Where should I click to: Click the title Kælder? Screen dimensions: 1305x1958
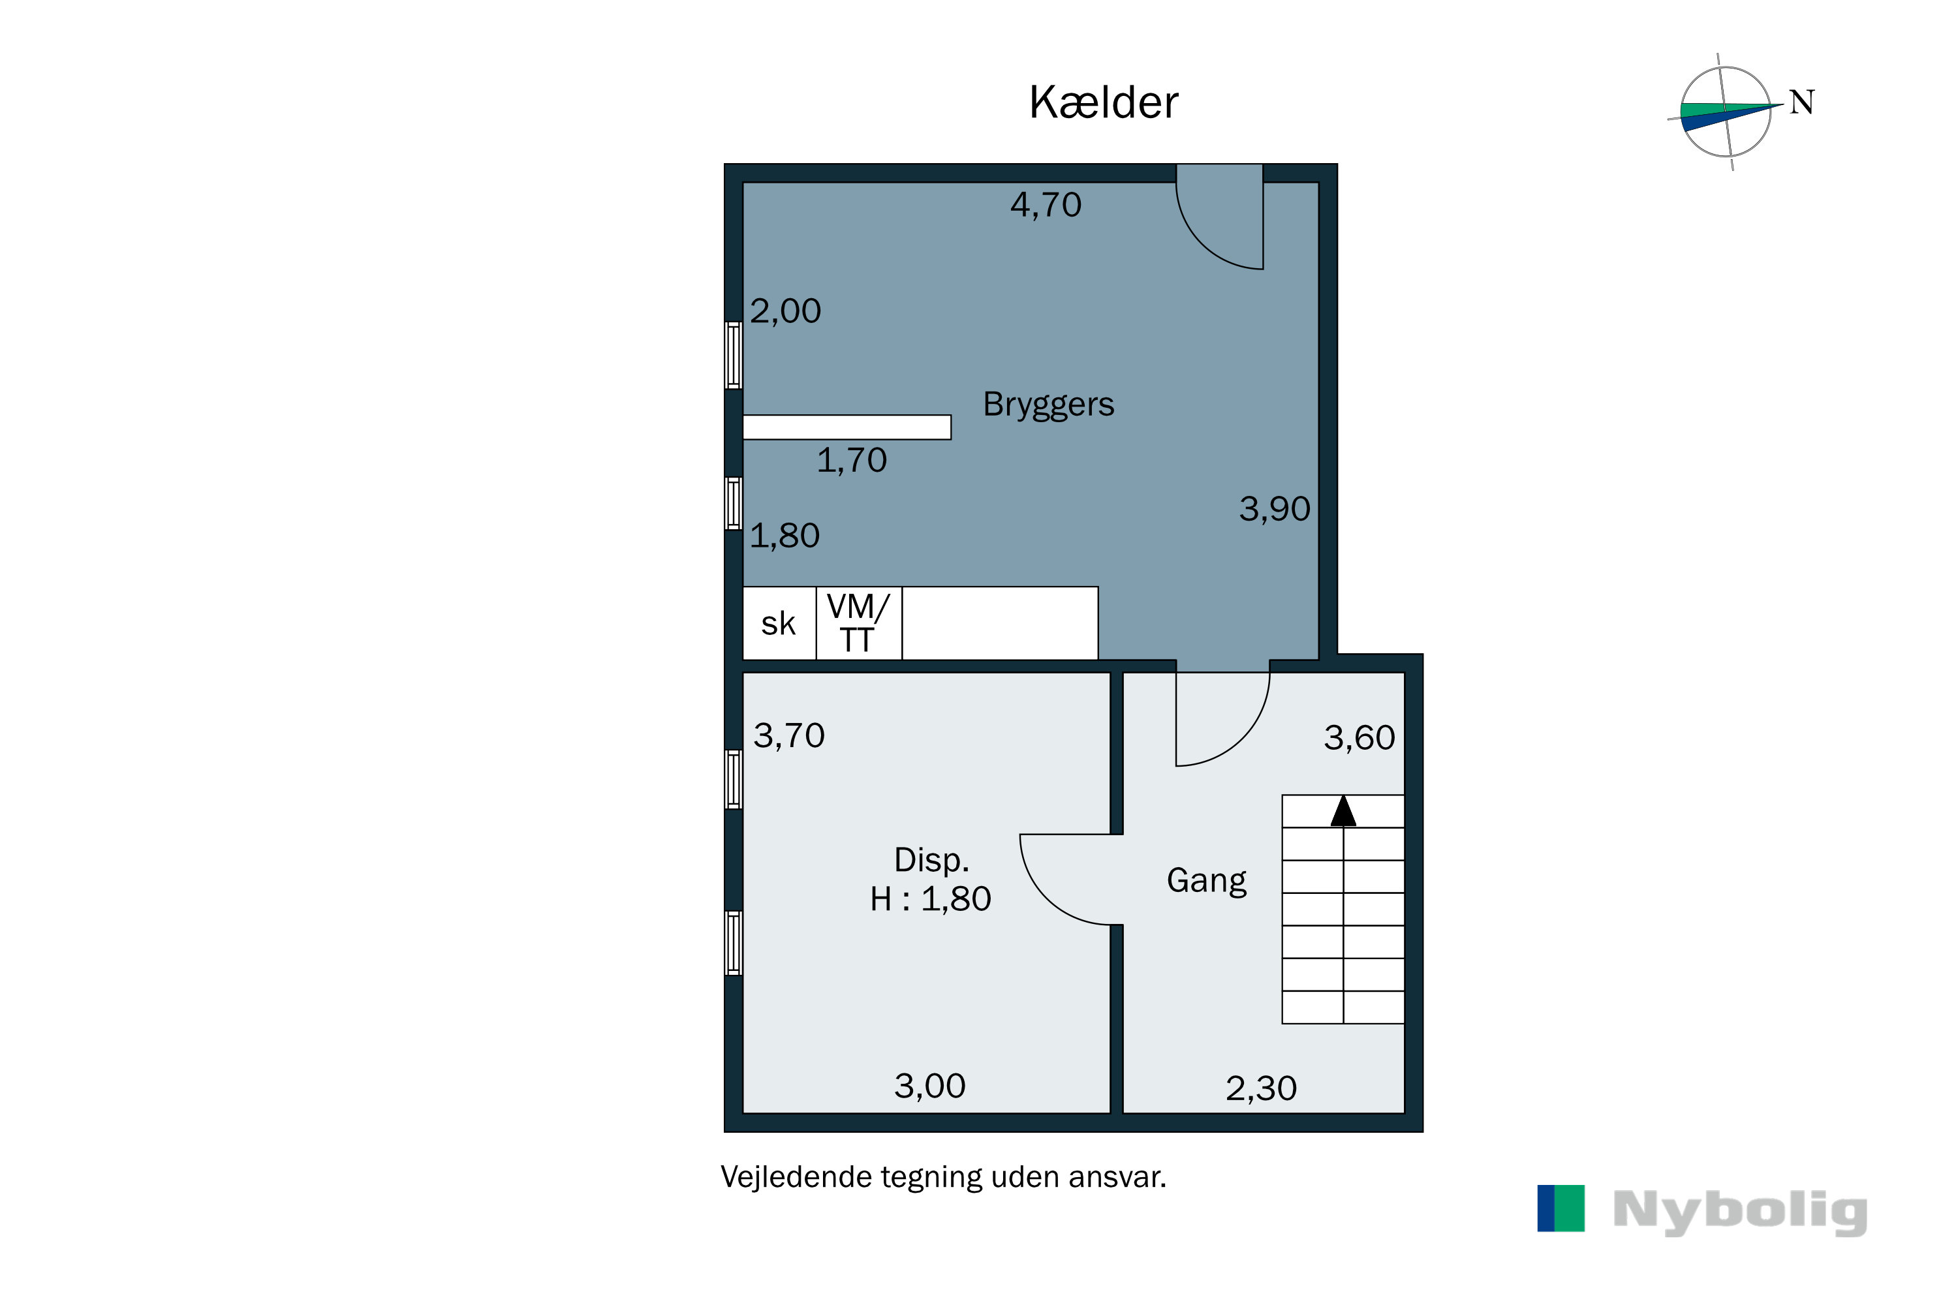[1103, 103]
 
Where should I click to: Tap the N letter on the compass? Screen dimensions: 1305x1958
[1801, 102]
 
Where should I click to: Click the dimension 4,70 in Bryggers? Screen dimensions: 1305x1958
[1046, 205]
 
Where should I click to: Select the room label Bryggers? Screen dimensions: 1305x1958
[1048, 405]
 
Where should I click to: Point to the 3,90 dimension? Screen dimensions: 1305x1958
[1275, 508]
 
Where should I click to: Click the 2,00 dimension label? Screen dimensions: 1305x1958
[785, 311]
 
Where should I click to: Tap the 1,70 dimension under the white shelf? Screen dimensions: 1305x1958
[852, 460]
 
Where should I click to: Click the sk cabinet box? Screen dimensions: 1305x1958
[779, 623]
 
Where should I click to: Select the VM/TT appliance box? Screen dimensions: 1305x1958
[858, 623]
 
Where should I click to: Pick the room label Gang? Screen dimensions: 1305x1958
[1206, 880]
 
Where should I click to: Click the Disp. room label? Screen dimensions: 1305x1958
[931, 860]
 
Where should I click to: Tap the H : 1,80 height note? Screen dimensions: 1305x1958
[931, 899]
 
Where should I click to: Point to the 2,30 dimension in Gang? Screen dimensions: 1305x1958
[1260, 1088]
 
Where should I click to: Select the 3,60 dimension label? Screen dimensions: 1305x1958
[1359, 737]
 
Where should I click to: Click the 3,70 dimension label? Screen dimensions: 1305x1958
[788, 736]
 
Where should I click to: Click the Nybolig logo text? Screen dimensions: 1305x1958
[1740, 1211]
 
